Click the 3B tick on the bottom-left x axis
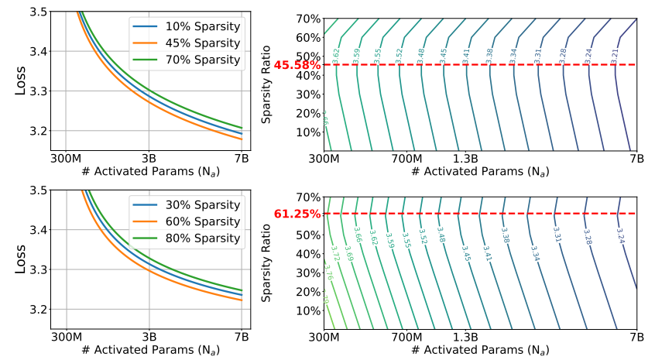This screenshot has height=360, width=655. pos(151,338)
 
